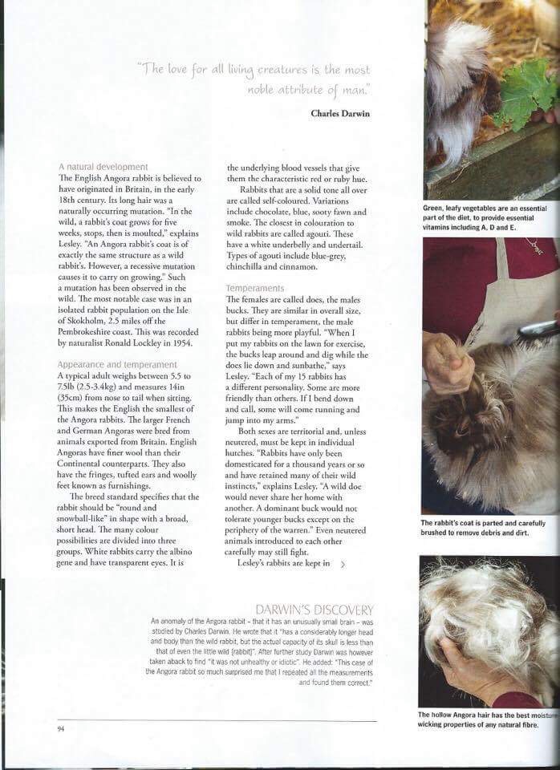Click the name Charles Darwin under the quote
341,113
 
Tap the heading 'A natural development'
103,166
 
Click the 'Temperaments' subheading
254,287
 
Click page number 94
61,729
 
